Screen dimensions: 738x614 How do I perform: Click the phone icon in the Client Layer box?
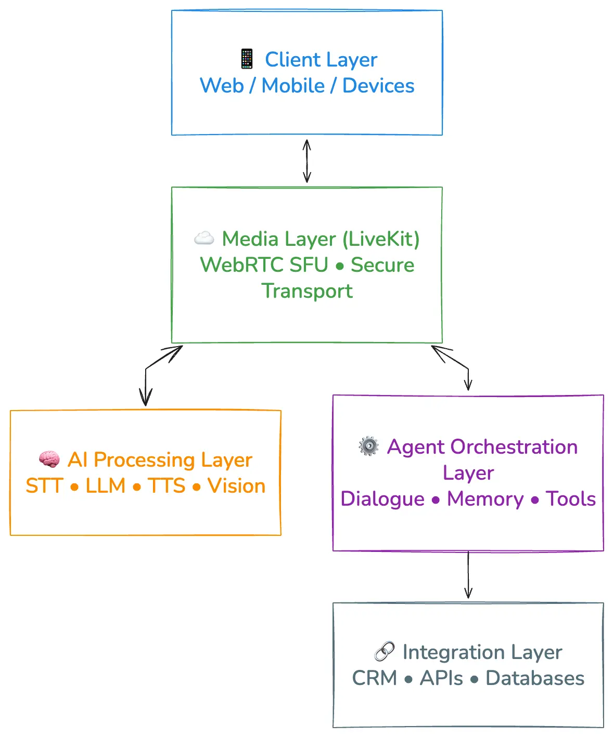pyautogui.click(x=247, y=59)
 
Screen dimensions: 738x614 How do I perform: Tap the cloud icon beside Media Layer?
pyautogui.click(x=204, y=238)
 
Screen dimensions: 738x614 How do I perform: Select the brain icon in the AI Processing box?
pyautogui.click(x=49, y=459)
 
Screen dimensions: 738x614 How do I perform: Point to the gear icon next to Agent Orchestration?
pyautogui.click(x=369, y=446)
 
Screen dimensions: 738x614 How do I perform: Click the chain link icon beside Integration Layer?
pyautogui.click(x=385, y=651)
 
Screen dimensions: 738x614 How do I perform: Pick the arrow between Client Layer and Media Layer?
pyautogui.click(x=307, y=161)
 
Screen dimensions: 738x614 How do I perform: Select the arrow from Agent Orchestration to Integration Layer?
pyautogui.click(x=468, y=575)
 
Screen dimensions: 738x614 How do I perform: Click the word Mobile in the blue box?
pyautogui.click(x=293, y=86)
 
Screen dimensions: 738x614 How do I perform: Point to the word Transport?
pyautogui.click(x=307, y=291)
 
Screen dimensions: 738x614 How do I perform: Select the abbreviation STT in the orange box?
pyautogui.click(x=44, y=486)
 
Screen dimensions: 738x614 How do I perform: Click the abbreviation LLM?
pyautogui.click(x=106, y=486)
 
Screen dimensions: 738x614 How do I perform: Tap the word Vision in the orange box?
pyautogui.click(x=236, y=486)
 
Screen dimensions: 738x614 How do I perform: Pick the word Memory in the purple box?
pyautogui.click(x=485, y=499)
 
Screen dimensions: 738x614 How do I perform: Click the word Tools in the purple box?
pyautogui.click(x=570, y=499)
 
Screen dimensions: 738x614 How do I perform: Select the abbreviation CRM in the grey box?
pyautogui.click(x=374, y=678)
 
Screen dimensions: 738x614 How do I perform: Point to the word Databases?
pyautogui.click(x=534, y=678)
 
